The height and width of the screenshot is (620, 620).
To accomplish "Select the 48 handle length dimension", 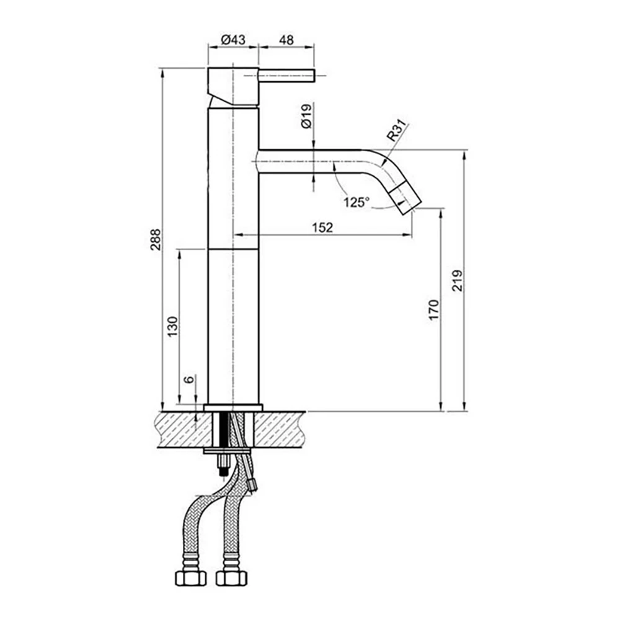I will pyautogui.click(x=286, y=40).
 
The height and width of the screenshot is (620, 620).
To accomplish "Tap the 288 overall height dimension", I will pyautogui.click(x=155, y=239).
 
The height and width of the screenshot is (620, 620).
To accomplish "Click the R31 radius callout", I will pyautogui.click(x=396, y=131).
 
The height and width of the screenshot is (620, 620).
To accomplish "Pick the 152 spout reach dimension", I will pyautogui.click(x=322, y=227).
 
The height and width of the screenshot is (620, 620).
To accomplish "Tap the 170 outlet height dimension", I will pyautogui.click(x=433, y=309).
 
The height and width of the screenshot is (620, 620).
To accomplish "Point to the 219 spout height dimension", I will pyautogui.click(x=458, y=281).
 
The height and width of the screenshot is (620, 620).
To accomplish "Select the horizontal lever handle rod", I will pyautogui.click(x=287, y=76).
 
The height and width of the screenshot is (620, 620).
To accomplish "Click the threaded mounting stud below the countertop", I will pyautogui.click(x=221, y=464).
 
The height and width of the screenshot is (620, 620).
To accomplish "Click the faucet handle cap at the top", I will pyautogui.click(x=232, y=85).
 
